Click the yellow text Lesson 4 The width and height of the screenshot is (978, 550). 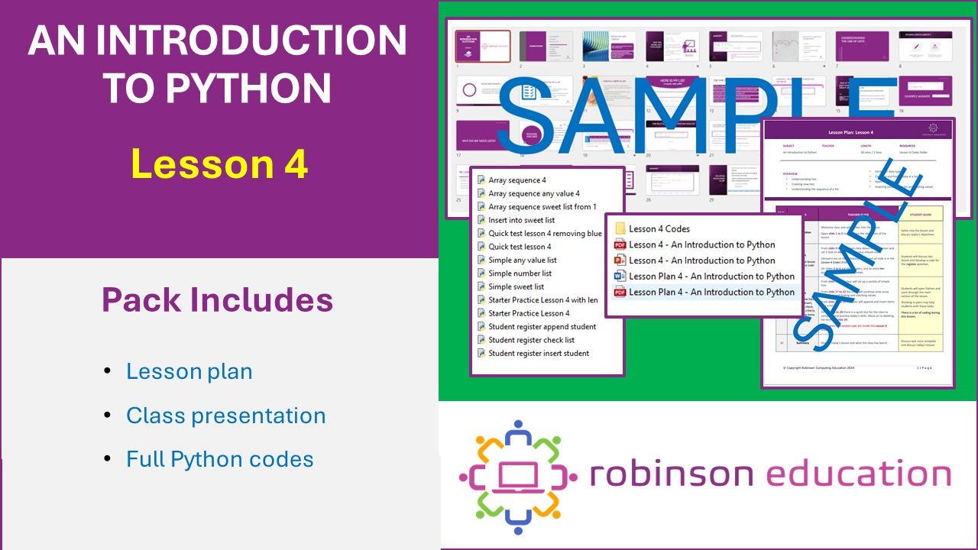point(219,164)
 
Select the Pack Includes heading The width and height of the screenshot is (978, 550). point(217,300)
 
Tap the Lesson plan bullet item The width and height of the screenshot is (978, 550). point(189,371)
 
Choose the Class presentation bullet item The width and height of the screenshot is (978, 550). point(225,416)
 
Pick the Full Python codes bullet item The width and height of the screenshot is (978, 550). point(219,459)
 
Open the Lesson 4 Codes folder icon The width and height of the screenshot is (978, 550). point(620,228)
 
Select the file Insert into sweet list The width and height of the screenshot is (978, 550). point(521,220)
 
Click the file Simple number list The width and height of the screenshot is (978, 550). point(520,273)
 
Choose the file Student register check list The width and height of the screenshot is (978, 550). point(531,340)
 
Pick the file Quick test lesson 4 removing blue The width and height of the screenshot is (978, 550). point(545,234)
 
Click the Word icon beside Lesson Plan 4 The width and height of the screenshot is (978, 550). point(620,276)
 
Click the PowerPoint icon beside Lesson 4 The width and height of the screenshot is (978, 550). point(620,260)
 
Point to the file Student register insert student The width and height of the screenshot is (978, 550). point(539,353)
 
